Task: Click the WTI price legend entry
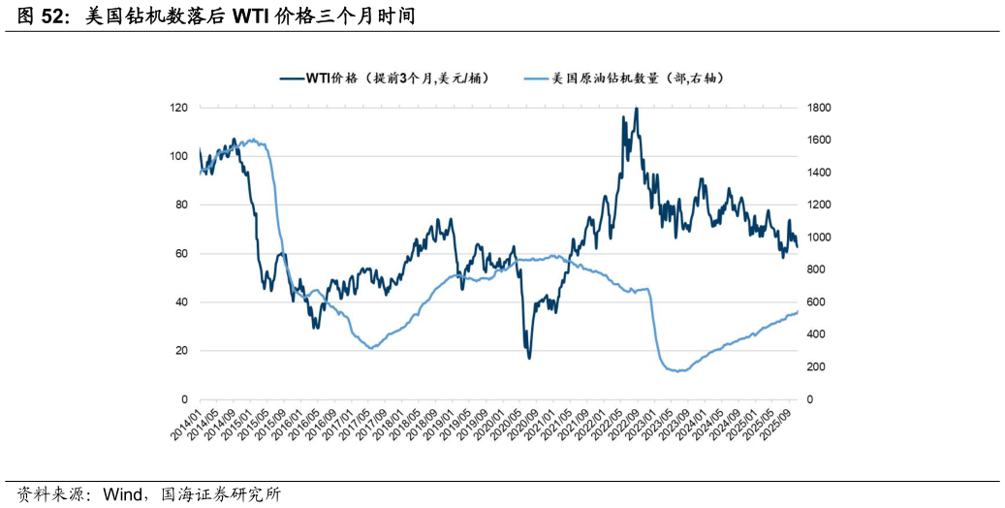click(383, 79)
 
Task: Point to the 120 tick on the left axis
click(178, 108)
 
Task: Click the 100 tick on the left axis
click(178, 156)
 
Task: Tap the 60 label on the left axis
click(181, 254)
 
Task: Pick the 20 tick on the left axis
click(181, 351)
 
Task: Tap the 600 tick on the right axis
click(816, 302)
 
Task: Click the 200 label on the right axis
click(816, 367)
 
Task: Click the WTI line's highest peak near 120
click(636, 109)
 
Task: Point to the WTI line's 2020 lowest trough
click(529, 358)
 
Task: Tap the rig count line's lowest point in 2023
click(678, 370)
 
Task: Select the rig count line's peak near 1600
click(253, 140)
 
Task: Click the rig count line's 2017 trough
click(371, 348)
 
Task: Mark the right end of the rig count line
click(798, 311)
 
